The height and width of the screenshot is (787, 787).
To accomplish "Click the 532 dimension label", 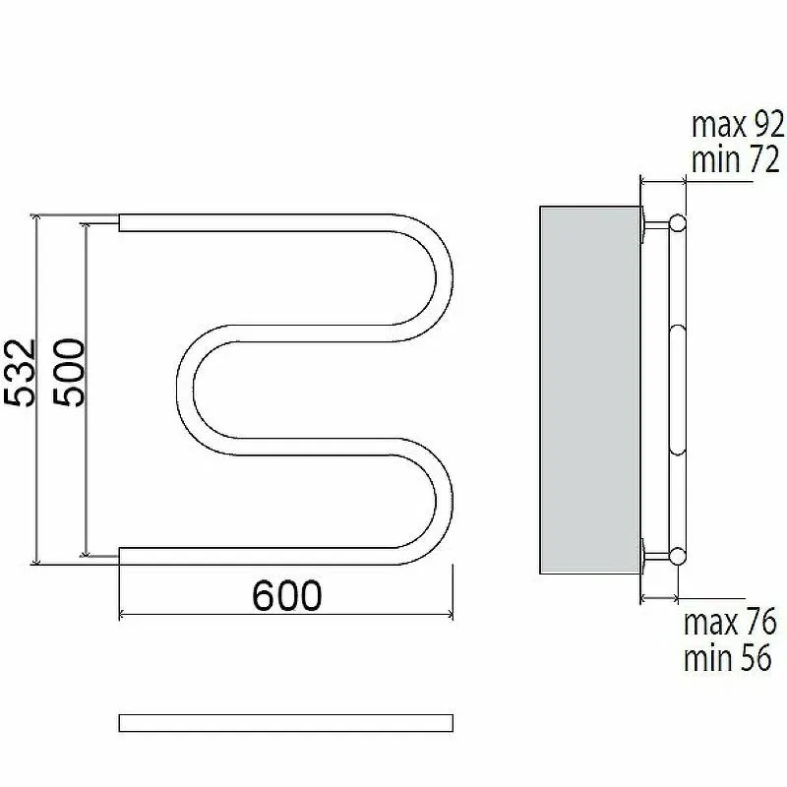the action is [x=20, y=373].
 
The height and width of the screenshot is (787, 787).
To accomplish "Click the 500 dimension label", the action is [x=69, y=372].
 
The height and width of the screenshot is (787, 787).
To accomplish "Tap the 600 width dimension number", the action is [x=286, y=596].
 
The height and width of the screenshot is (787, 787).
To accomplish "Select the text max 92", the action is [x=738, y=125].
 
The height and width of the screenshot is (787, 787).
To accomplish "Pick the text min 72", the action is [x=735, y=159].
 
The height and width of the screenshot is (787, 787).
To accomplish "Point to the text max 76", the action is [x=730, y=622].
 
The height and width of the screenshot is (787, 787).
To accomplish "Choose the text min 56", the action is [x=727, y=657].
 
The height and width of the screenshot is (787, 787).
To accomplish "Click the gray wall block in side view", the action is [x=589, y=390].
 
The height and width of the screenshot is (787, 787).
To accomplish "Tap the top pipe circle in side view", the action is [x=677, y=222].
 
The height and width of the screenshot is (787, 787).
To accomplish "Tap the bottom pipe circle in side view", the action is [x=677, y=556].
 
